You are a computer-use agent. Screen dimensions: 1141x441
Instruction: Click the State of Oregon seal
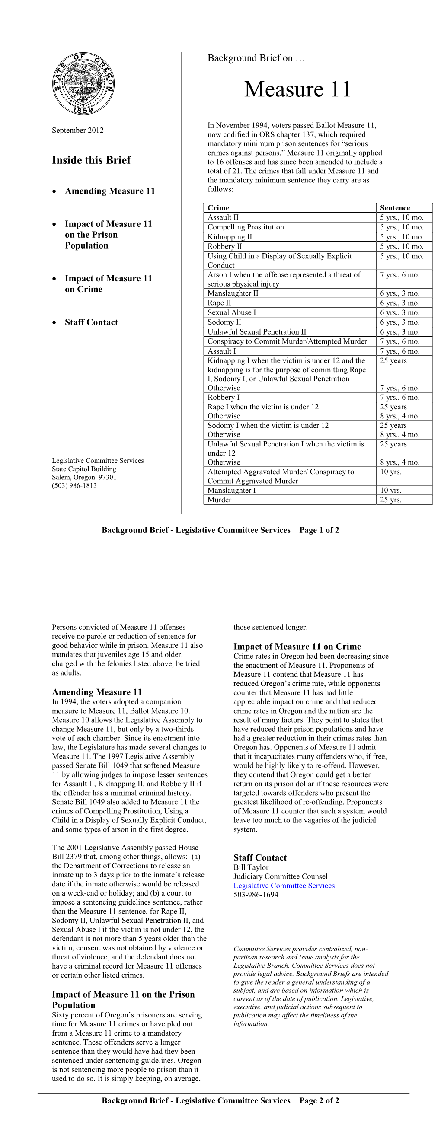pyautogui.click(x=83, y=84)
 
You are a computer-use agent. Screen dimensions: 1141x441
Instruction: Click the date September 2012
pyautogui.click(x=77, y=130)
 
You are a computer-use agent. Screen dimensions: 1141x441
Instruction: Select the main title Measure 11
pyautogui.click(x=297, y=89)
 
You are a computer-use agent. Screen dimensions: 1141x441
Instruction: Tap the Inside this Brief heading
pyautogui.click(x=91, y=160)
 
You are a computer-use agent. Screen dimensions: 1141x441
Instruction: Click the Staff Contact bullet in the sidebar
pyautogui.click(x=91, y=322)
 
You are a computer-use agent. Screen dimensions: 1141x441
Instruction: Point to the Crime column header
pyautogui.click(x=218, y=208)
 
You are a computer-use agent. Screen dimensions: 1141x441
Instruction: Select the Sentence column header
pyautogui.click(x=394, y=208)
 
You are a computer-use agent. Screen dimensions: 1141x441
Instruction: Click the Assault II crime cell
pyautogui.click(x=223, y=217)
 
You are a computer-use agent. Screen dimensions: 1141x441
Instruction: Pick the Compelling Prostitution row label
pyautogui.click(x=246, y=227)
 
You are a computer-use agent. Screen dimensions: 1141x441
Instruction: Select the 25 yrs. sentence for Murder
pyautogui.click(x=390, y=500)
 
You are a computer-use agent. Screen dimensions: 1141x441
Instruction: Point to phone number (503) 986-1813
pyautogui.click(x=74, y=485)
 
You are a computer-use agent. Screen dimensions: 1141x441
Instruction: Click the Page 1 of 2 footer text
pyautogui.click(x=319, y=530)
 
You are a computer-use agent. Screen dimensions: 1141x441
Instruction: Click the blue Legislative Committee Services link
pyautogui.click(x=284, y=886)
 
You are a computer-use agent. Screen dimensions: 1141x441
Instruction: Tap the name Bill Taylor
pyautogui.click(x=251, y=867)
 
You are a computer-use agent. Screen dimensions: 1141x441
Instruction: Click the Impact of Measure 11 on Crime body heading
pyautogui.click(x=297, y=646)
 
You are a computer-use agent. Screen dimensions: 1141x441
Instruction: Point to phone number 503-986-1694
pyautogui.click(x=256, y=894)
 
